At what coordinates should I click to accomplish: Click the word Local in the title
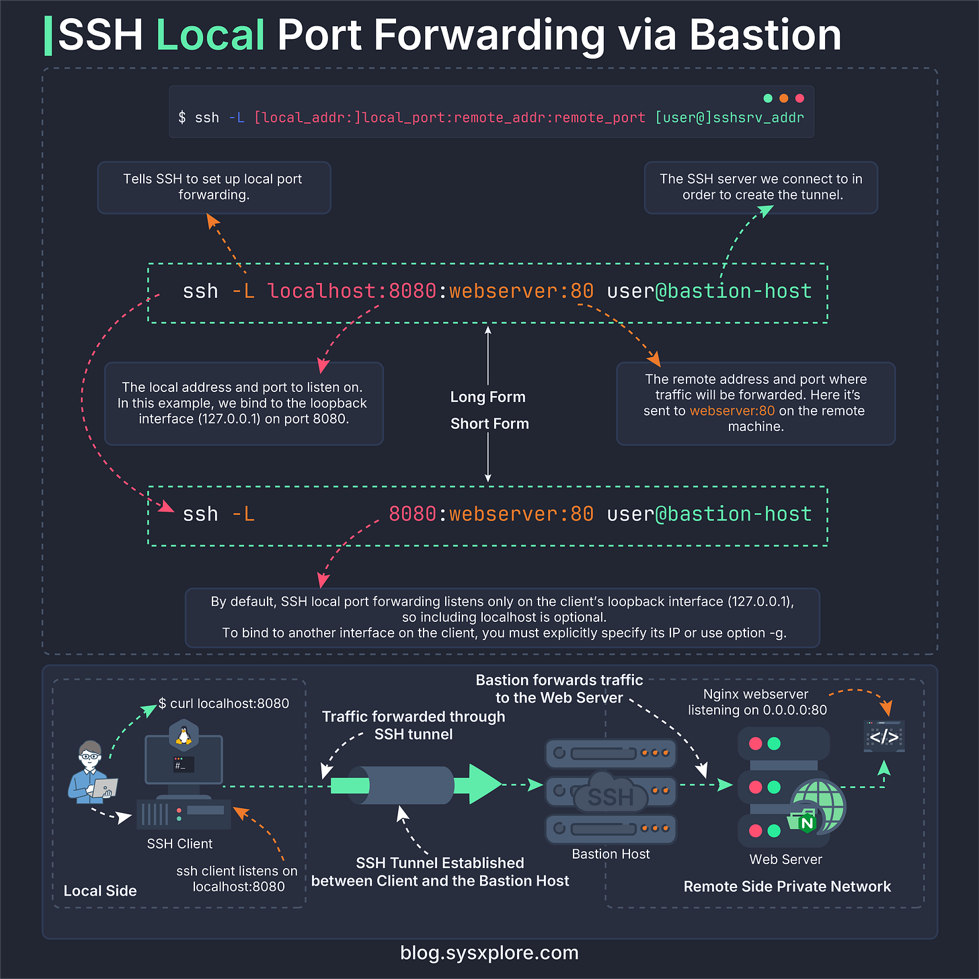(210, 35)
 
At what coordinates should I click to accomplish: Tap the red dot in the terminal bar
(799, 98)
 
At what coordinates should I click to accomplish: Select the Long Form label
(487, 397)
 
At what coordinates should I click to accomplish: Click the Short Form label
(490, 424)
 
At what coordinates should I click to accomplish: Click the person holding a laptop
(91, 773)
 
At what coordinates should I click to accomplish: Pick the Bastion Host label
(611, 854)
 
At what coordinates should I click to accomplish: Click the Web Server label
(785, 859)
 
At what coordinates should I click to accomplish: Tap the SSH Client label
(180, 844)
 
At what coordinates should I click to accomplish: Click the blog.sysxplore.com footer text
(489, 953)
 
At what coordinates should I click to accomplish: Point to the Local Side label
(100, 891)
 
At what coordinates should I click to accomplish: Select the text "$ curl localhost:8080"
(224, 703)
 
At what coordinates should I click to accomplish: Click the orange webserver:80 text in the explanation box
(732, 411)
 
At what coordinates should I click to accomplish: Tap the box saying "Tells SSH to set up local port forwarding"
(214, 187)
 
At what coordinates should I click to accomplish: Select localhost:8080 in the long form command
(352, 291)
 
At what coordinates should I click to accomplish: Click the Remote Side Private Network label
(787, 886)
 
